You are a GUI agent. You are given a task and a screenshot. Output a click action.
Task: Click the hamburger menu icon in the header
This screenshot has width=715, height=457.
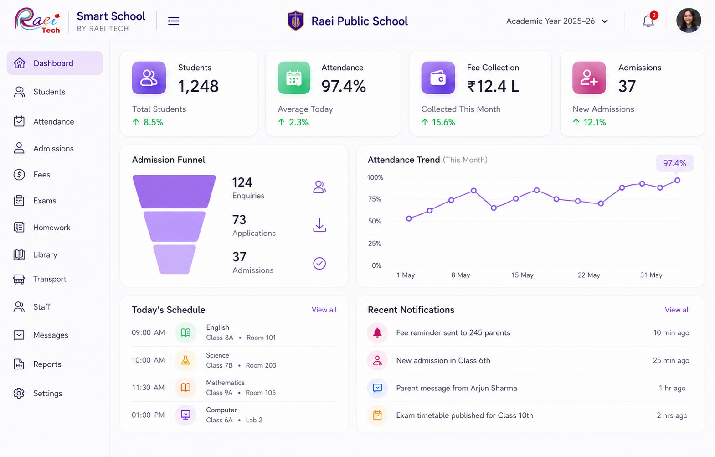click(173, 21)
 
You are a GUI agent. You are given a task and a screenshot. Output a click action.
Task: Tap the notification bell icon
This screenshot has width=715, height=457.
click(648, 21)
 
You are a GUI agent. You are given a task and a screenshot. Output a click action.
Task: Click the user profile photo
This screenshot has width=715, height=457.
click(689, 21)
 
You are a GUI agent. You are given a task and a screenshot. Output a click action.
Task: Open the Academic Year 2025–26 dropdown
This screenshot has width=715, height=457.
click(557, 21)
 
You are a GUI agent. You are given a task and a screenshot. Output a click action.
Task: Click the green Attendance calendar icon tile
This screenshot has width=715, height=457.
click(293, 78)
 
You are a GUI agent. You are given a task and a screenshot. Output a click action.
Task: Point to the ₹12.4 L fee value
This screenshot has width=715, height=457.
click(493, 86)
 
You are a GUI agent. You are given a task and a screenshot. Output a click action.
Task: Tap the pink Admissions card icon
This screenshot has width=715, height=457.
click(589, 78)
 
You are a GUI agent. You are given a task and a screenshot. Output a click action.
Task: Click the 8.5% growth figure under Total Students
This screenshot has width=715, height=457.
click(153, 122)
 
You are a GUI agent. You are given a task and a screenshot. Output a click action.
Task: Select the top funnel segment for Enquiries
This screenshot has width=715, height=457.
click(174, 191)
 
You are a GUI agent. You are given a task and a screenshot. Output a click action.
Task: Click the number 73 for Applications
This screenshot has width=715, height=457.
click(239, 220)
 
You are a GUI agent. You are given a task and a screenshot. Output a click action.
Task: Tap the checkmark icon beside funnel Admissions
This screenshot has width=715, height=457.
click(319, 264)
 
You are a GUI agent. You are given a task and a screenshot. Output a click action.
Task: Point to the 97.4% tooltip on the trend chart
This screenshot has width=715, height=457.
click(674, 163)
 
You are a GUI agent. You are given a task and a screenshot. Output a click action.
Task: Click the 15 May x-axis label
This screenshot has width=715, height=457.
click(523, 275)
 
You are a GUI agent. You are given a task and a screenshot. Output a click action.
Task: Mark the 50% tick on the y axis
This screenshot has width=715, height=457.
click(375, 221)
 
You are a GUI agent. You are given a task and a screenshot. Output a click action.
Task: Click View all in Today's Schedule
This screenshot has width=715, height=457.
click(324, 310)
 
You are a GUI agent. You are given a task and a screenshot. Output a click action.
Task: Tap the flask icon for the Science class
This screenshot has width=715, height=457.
click(185, 360)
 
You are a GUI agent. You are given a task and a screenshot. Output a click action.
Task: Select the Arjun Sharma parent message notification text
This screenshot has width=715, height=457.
click(457, 388)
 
